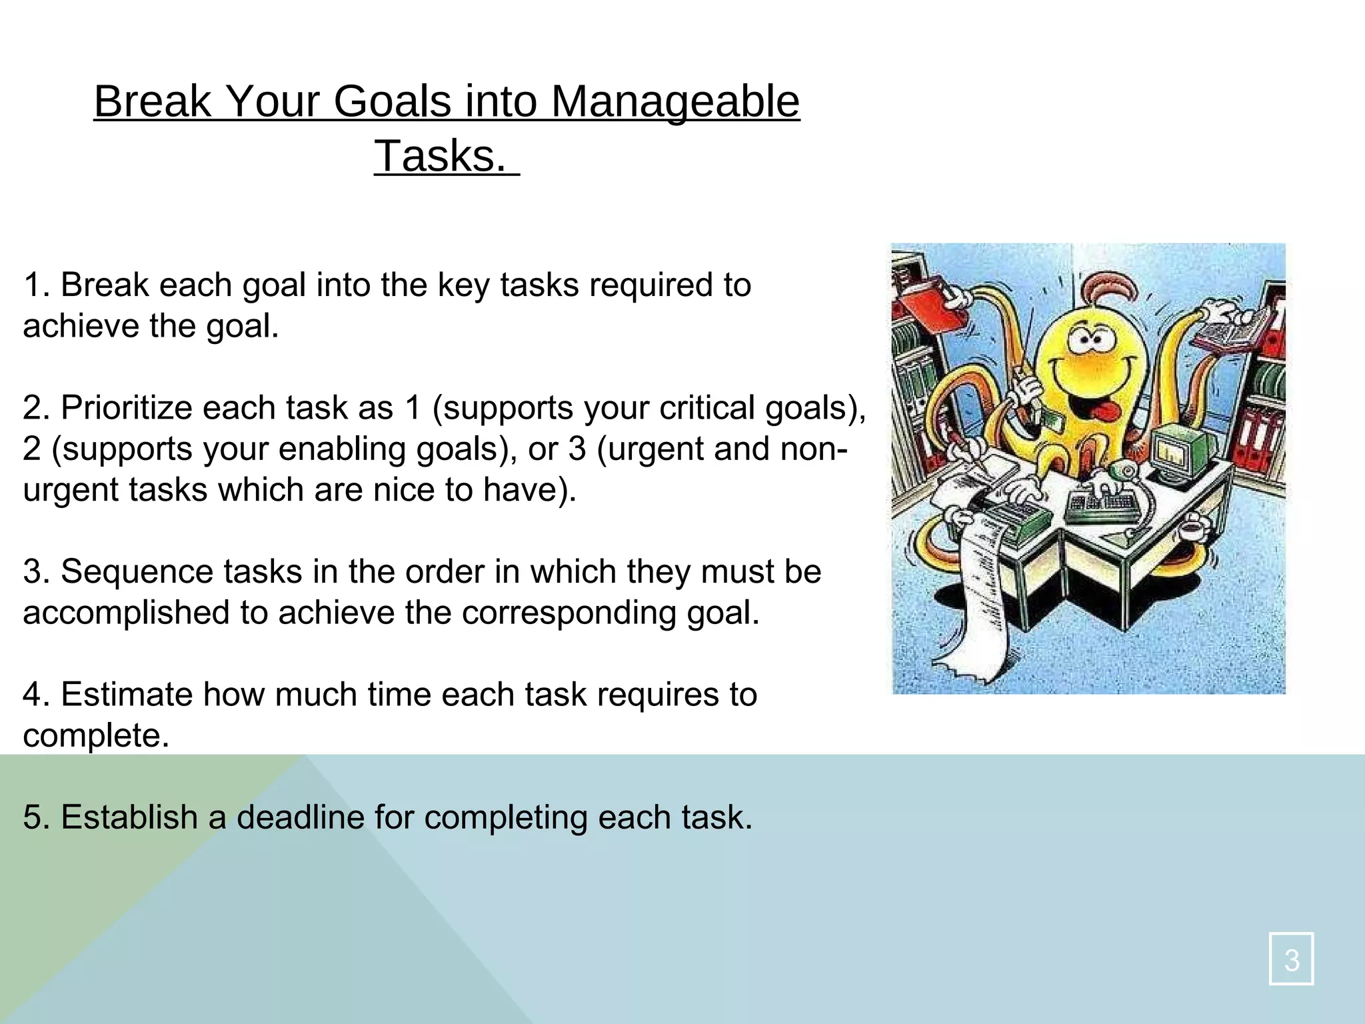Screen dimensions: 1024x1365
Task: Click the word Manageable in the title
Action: pyautogui.click(x=675, y=101)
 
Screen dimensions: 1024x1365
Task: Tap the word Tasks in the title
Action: pyautogui.click(x=441, y=156)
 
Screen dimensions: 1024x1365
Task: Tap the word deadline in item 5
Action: pyautogui.click(x=300, y=817)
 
